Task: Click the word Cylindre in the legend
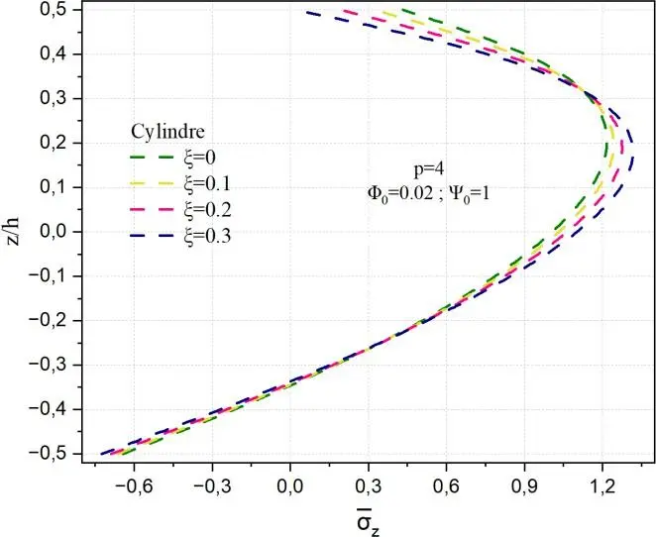[167, 131]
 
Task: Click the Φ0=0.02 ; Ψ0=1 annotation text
[430, 195]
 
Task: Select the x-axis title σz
[369, 515]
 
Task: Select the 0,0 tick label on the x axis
[290, 485]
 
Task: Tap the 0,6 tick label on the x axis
[446, 485]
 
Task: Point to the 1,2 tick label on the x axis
[602, 485]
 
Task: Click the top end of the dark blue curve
[307, 12]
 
